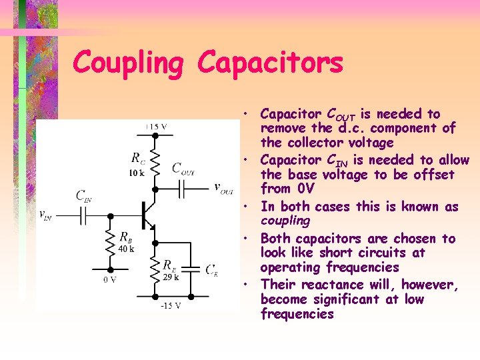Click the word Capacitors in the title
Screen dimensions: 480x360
coord(270,63)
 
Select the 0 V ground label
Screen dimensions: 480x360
coord(111,281)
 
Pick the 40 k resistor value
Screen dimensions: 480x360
coord(126,249)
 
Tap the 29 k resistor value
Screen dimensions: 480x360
coord(171,275)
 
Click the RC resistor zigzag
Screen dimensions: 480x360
coord(155,160)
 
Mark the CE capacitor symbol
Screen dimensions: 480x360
coord(191,269)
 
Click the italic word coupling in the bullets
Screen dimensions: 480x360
coord(285,220)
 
